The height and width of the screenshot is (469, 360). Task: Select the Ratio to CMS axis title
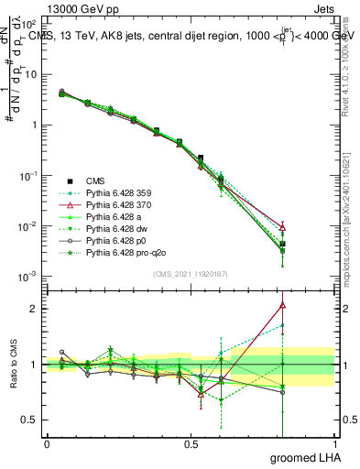[15, 365]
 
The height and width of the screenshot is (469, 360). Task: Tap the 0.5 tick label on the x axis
[191, 444]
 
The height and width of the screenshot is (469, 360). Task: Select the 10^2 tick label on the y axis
[27, 23]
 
